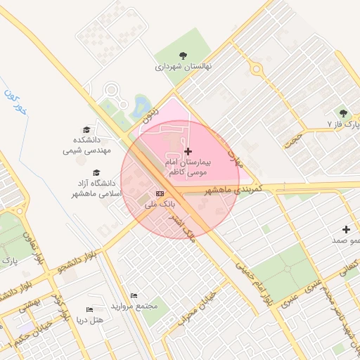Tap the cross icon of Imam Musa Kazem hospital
click(188, 151)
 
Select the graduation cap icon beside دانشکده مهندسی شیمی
click(86, 130)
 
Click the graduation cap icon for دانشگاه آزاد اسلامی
click(96, 172)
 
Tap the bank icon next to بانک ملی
click(160, 193)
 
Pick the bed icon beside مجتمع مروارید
click(134, 295)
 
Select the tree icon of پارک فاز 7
click(343, 113)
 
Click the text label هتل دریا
click(89, 321)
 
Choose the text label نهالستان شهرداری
click(184, 67)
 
